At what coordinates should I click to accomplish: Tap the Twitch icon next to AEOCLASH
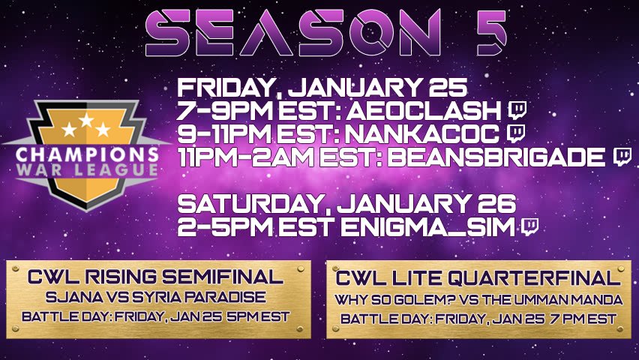pyautogui.click(x=517, y=111)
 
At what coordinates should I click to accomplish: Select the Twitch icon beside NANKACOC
pyautogui.click(x=515, y=133)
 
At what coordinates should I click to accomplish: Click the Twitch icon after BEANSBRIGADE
pyautogui.click(x=622, y=156)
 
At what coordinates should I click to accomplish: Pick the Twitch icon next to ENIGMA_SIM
pyautogui.click(x=529, y=225)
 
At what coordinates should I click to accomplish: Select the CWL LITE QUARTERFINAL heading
pyautogui.click(x=478, y=279)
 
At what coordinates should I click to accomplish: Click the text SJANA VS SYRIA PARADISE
pyautogui.click(x=157, y=296)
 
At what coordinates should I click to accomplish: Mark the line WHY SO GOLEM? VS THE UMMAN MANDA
pyautogui.click(x=478, y=300)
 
